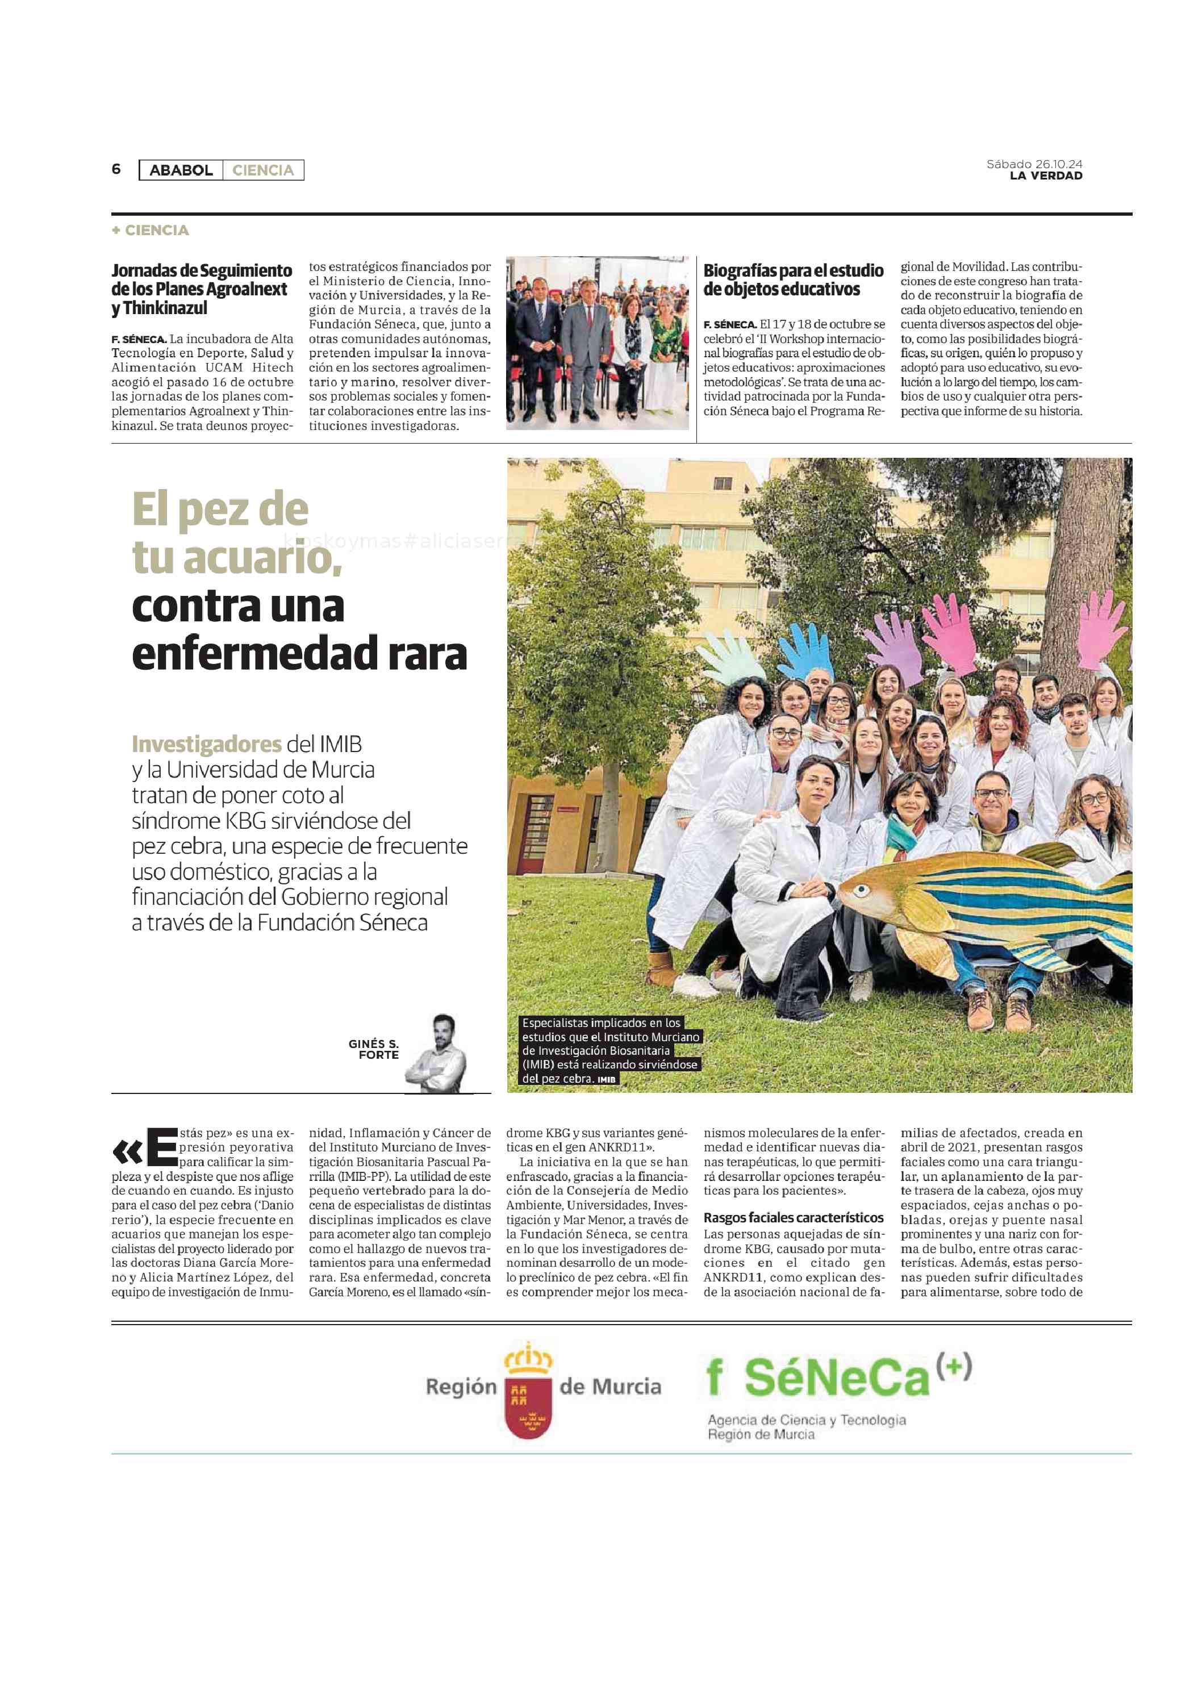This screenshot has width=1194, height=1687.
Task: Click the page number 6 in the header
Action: (x=116, y=169)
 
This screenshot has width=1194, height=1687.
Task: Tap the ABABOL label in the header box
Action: (x=181, y=170)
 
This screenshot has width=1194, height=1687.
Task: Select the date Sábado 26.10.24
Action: (x=1034, y=164)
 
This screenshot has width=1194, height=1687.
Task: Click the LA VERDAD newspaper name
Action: (x=1046, y=176)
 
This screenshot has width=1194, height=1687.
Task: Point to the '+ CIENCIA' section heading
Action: (x=151, y=230)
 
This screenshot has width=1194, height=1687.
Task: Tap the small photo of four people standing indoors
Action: (x=597, y=343)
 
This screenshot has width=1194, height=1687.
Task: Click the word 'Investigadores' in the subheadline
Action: (x=206, y=744)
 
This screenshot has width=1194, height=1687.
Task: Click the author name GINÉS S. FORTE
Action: (x=374, y=1049)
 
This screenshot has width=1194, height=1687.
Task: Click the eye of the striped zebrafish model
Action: (x=862, y=891)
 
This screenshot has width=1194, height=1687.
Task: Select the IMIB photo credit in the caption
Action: (x=607, y=1079)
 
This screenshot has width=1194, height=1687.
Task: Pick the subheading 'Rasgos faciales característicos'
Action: (x=794, y=1218)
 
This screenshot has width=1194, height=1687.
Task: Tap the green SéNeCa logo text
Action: (x=837, y=1377)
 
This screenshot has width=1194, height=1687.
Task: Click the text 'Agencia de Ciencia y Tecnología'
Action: (x=806, y=1420)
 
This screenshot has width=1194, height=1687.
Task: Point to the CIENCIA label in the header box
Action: (x=262, y=170)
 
